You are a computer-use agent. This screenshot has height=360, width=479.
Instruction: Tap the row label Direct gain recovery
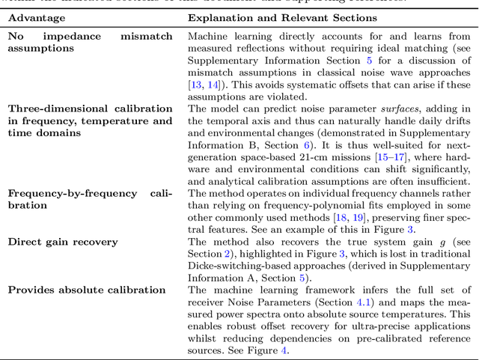(x=63, y=242)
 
